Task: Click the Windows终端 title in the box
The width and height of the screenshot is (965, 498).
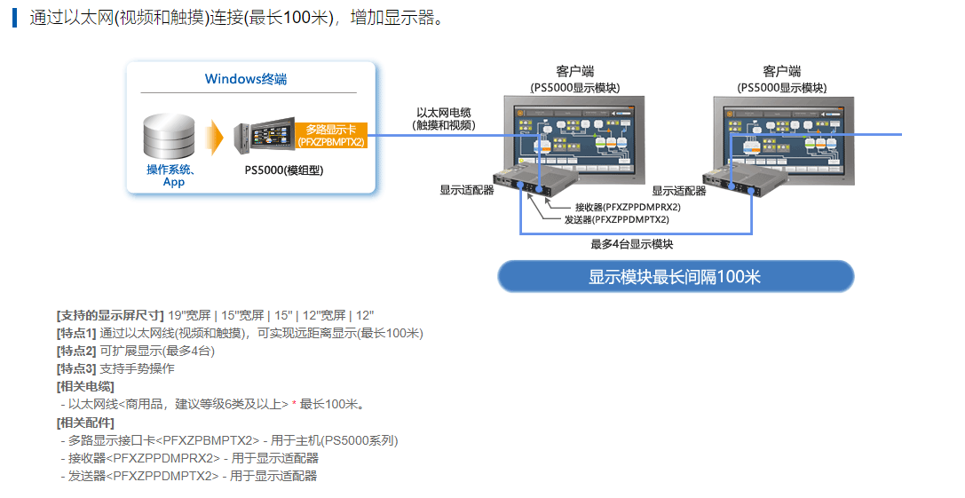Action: coord(246,79)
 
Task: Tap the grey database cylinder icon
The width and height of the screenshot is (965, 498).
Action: coord(169,137)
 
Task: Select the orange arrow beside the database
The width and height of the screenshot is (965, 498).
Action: coord(214,138)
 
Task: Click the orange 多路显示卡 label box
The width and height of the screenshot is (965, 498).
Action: coord(331,136)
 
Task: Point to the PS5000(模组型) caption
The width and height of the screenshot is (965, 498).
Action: coord(284,170)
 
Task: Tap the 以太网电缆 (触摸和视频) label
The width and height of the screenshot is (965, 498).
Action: coord(444,119)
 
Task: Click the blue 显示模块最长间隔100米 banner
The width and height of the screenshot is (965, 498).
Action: coord(675,276)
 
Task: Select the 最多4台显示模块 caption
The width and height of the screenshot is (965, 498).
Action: coord(631,244)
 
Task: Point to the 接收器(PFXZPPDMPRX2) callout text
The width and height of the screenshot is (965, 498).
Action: coord(628,207)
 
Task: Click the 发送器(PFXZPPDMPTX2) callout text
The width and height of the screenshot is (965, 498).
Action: coord(616,219)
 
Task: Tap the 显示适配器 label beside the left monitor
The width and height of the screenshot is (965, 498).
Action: coord(466,190)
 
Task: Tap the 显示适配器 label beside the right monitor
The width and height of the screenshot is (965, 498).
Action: coord(679,191)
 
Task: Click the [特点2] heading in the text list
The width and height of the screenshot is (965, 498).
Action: coord(76,351)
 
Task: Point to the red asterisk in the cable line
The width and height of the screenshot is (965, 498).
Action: coord(294,404)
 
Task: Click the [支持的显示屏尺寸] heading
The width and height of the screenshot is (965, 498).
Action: coord(110,315)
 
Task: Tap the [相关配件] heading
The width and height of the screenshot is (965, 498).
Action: coord(85,423)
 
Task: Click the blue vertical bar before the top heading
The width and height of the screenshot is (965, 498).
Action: coord(14,17)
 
